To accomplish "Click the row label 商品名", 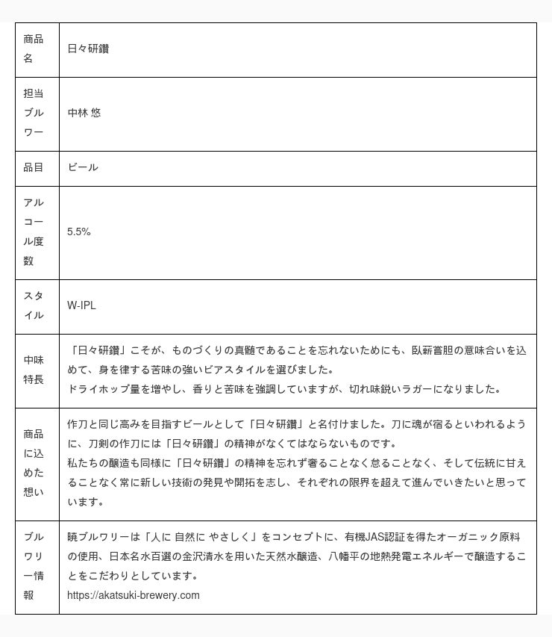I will tap(33, 49).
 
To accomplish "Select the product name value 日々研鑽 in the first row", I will tap(88, 49).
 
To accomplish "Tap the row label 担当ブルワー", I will tap(33, 113).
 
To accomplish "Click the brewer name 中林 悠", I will tap(84, 113).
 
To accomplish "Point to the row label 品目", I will tap(33, 167).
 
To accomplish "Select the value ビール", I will tap(82, 167).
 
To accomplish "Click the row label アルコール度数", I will tap(33, 232).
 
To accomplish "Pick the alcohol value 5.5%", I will tap(78, 232).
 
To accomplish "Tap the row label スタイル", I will tap(33, 305).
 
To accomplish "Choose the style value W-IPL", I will tap(81, 305).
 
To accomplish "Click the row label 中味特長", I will tap(33, 370).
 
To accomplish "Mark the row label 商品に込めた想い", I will tap(33, 463).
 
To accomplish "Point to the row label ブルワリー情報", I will tap(33, 566).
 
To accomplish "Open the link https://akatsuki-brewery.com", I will tap(133, 595).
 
